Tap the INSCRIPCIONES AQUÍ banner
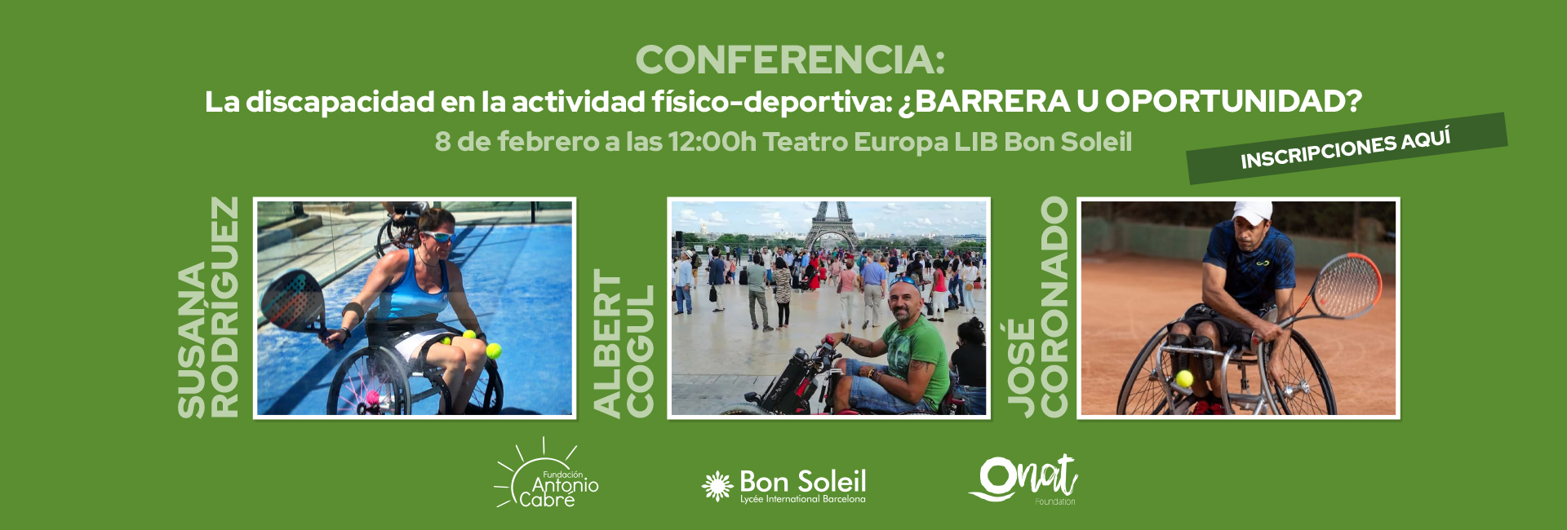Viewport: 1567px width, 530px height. (1347, 148)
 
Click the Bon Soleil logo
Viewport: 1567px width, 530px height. (783, 486)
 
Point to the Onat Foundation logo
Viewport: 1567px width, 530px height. (1023, 480)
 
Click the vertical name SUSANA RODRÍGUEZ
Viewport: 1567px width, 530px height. (209, 307)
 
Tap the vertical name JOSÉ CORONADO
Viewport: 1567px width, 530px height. (1037, 307)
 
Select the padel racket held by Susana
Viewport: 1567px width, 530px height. (294, 302)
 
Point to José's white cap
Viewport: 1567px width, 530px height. (1251, 211)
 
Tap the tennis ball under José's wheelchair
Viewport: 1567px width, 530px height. (1184, 378)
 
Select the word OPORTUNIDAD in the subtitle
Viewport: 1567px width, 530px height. (1233, 102)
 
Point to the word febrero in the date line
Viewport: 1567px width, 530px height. (548, 142)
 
